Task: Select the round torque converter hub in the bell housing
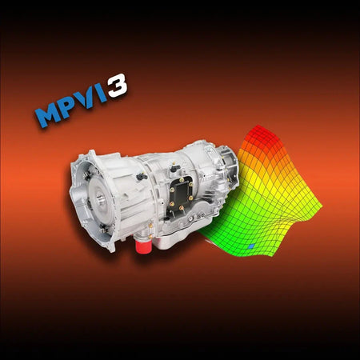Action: [x=89, y=198]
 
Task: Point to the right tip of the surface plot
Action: [x=320, y=210]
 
